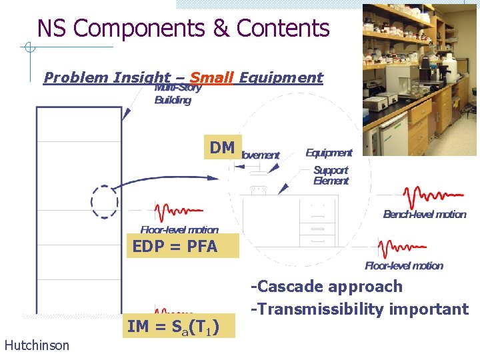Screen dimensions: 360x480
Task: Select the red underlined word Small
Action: coord(211,77)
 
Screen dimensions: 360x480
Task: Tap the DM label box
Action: coord(221,148)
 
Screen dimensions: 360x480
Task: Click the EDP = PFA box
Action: coord(175,246)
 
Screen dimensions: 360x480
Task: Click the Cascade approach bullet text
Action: coord(327,287)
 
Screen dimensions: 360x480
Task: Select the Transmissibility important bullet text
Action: coord(359,309)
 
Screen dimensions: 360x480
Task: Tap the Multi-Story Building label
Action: coord(173,94)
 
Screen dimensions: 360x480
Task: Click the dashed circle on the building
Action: coord(105,201)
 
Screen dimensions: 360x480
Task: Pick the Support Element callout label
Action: coord(331,175)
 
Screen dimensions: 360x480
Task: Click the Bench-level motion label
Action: coord(425,214)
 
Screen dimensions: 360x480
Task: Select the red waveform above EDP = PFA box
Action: coord(177,213)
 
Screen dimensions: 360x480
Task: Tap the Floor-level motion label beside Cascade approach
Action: coord(404,265)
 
